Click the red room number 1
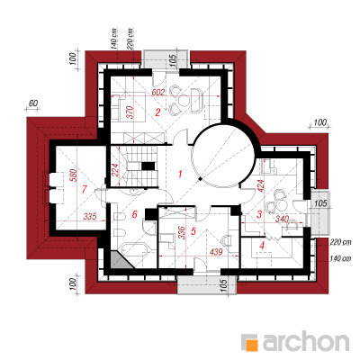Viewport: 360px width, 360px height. [180, 174]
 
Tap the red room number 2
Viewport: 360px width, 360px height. [157, 112]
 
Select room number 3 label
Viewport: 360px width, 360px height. [259, 214]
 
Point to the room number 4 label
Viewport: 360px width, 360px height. [262, 246]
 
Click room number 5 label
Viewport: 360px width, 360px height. [193, 231]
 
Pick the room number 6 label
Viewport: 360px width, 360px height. [134, 214]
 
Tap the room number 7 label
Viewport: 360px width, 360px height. [84, 189]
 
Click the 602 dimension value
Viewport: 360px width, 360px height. [158, 93]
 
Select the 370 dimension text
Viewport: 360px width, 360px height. [130, 112]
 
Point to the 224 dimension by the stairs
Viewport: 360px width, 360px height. [116, 170]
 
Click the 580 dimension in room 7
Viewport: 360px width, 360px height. [74, 176]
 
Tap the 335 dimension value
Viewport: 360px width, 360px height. [90, 216]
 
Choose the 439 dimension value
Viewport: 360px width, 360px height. [216, 252]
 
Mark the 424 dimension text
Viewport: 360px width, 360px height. [260, 186]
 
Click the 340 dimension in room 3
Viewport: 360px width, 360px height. [282, 219]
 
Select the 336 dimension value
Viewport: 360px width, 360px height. [181, 232]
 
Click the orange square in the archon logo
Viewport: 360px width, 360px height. [251, 345]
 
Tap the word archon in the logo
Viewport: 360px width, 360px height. [306, 341]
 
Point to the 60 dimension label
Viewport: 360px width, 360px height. [33, 103]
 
